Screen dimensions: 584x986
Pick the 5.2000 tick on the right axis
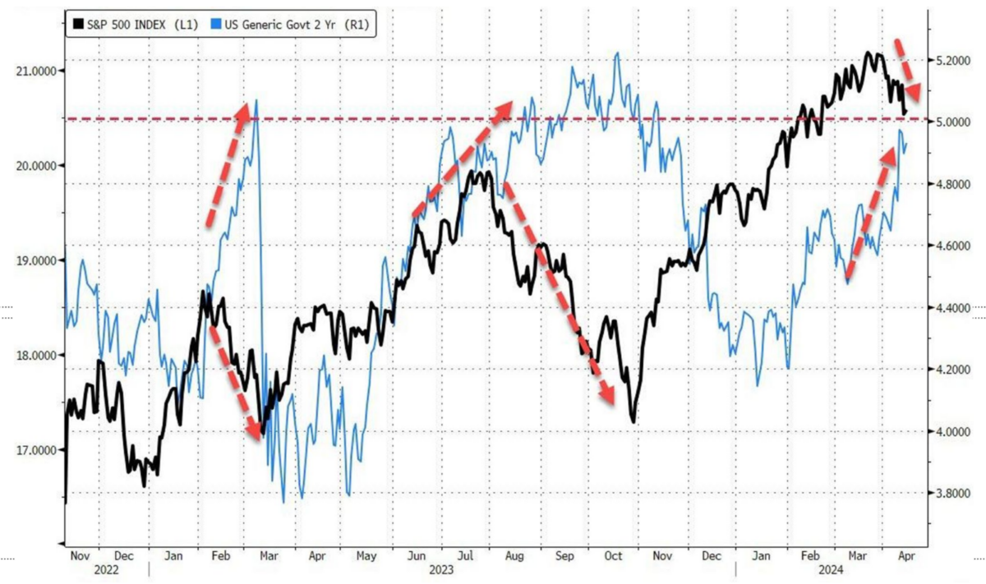[x=949, y=61]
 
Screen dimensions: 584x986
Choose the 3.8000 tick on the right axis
[x=949, y=494]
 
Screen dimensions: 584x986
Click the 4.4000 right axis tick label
[x=949, y=308]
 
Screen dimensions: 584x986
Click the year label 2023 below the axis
[x=441, y=568]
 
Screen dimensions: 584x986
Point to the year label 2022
[x=107, y=568]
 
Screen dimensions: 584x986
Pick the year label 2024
[x=830, y=568]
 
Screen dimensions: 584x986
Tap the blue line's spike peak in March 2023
[x=257, y=100]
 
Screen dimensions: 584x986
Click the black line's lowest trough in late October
[x=634, y=422]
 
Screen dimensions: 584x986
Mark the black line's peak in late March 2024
[x=869, y=53]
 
